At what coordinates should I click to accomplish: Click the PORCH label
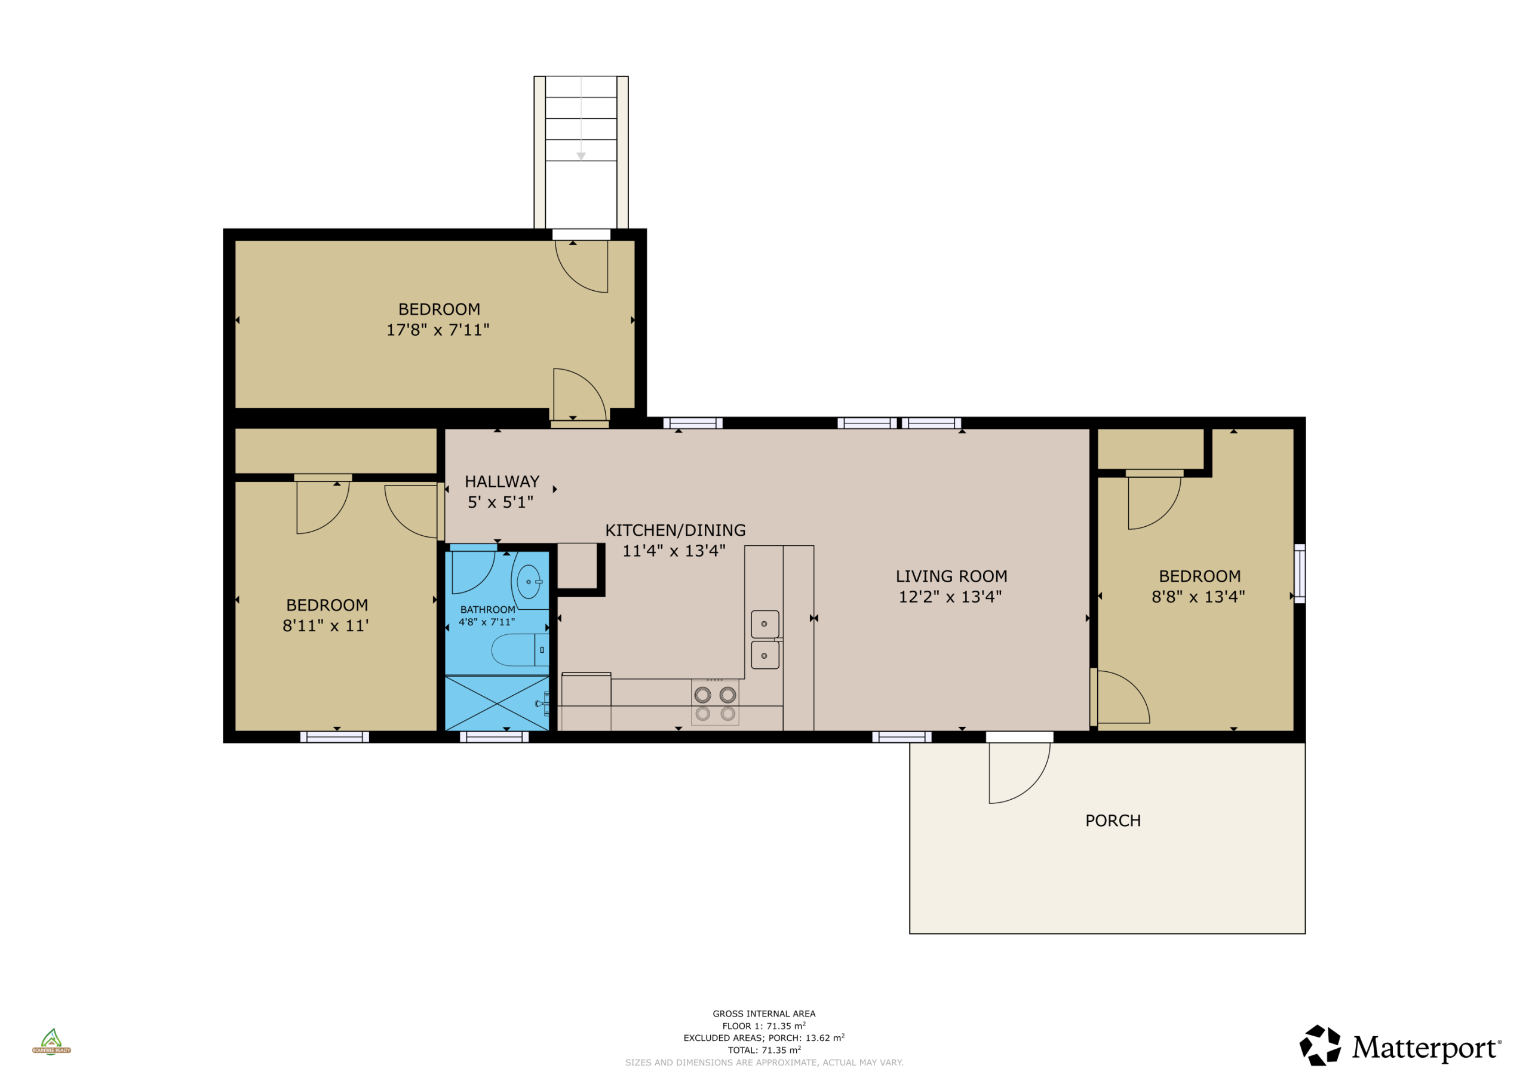(x=1113, y=821)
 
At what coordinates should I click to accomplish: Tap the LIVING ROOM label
(x=951, y=576)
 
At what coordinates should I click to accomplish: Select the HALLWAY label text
(x=502, y=481)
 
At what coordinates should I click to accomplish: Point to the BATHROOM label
(x=487, y=609)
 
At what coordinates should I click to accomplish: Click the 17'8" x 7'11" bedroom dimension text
(x=438, y=330)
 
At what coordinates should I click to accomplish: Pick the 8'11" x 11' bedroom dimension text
(x=326, y=625)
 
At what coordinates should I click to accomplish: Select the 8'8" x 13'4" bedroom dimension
(x=1199, y=597)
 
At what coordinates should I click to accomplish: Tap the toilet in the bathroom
(x=520, y=650)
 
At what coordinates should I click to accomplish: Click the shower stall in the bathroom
(x=497, y=704)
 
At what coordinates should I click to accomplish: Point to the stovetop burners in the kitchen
(x=715, y=704)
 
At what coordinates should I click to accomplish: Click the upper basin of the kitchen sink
(x=765, y=624)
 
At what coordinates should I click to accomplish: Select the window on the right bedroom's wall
(x=1299, y=573)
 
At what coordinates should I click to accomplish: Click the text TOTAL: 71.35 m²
(x=764, y=1051)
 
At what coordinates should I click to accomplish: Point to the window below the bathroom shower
(x=494, y=736)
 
